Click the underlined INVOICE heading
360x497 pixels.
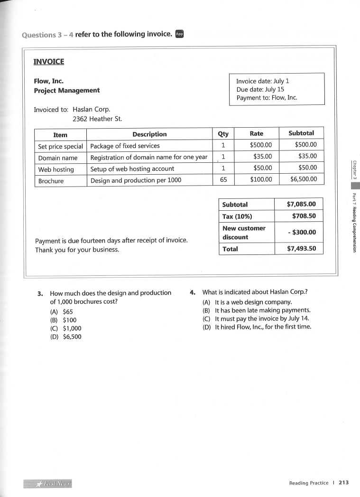coord(48,61)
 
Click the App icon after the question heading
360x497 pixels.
coord(179,34)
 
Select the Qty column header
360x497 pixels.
coord(222,134)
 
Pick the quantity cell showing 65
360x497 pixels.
coord(223,180)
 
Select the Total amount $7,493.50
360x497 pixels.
coord(301,249)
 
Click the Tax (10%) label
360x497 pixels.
coord(237,216)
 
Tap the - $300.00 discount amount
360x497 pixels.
coord(301,232)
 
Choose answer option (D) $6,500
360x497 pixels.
coord(66,337)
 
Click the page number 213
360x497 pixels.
coord(343,483)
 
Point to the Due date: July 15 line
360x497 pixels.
coord(260,89)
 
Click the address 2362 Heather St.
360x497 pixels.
coord(97,119)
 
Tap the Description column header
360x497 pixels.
coord(149,134)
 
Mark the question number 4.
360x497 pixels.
coord(192,292)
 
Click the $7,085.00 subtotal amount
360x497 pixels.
coord(301,205)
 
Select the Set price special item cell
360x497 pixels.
coord(60,146)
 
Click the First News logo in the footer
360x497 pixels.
coord(47,483)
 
